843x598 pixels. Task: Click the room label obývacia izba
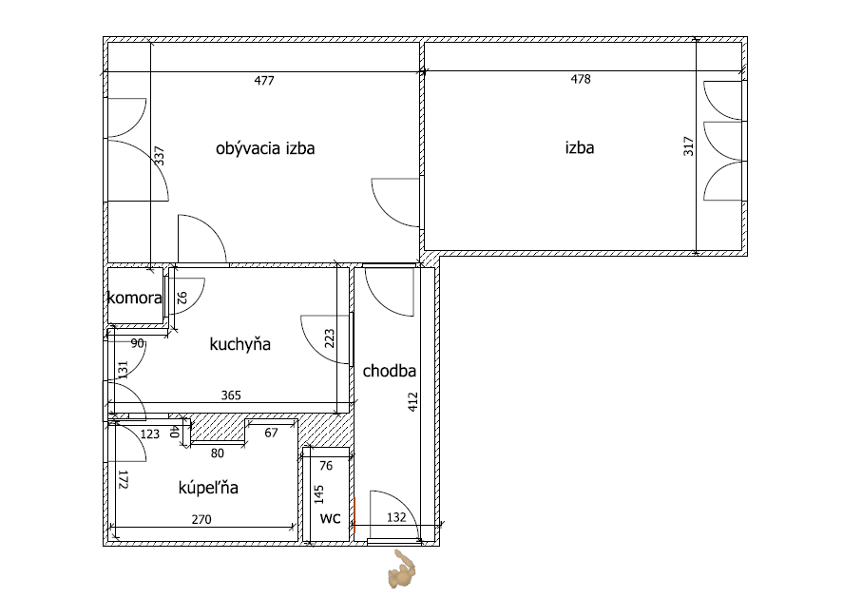(x=265, y=148)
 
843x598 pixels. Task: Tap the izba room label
(x=580, y=147)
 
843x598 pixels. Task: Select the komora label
(x=134, y=298)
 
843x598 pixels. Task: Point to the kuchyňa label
(x=239, y=344)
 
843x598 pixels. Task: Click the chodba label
(x=390, y=371)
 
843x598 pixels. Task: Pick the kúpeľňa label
(x=208, y=487)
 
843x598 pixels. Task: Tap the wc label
(x=330, y=518)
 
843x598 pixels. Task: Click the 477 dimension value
(x=264, y=81)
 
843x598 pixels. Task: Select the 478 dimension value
(x=581, y=79)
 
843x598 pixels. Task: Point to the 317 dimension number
(x=689, y=146)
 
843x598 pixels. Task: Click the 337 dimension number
(x=159, y=156)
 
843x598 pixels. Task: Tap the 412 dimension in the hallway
(x=412, y=402)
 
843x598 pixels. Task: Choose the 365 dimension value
(x=231, y=395)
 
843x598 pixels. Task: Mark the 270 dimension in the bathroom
(x=201, y=519)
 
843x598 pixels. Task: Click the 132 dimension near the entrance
(x=396, y=517)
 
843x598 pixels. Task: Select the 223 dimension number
(x=330, y=338)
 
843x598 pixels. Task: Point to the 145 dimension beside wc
(x=319, y=494)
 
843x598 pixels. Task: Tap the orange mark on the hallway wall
(x=354, y=514)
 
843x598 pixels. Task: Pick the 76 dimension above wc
(x=326, y=466)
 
